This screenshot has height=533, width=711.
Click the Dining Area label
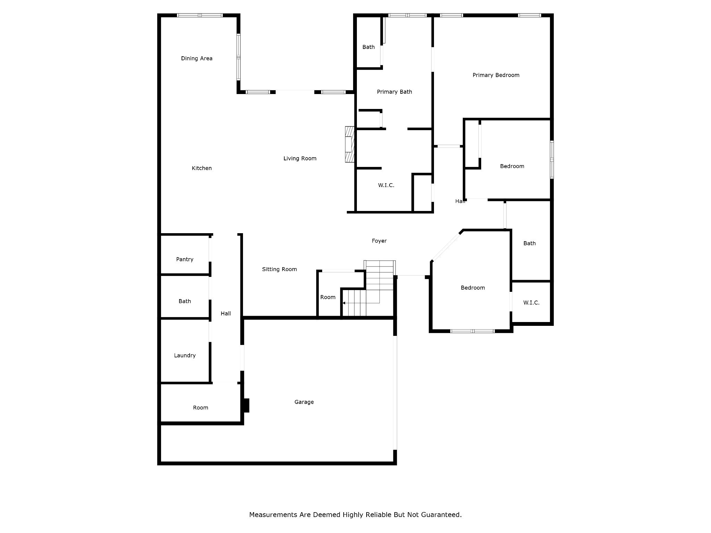[196, 58]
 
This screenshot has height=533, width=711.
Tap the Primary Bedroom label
[496, 75]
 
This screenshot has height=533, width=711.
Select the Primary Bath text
[394, 92]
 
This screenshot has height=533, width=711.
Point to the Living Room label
[300, 158]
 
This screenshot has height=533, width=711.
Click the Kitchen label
[202, 168]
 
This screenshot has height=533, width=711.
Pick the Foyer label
[379, 240]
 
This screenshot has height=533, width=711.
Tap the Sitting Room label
[279, 269]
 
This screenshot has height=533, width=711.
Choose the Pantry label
[184, 259]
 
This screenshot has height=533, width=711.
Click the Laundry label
[185, 355]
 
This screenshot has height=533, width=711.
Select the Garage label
[304, 402]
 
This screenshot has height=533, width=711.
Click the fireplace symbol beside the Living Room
[350, 144]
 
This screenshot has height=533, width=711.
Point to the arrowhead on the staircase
[344, 303]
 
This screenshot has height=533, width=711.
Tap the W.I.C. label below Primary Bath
[386, 185]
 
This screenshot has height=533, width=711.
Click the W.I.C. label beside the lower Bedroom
[531, 303]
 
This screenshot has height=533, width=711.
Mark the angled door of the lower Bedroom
[446, 247]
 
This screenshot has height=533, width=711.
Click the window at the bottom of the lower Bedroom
[472, 331]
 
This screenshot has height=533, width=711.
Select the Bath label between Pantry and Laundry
[185, 301]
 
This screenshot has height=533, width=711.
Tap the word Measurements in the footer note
[273, 515]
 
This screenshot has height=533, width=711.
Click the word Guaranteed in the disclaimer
[441, 515]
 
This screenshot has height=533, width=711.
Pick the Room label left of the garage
[200, 407]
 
